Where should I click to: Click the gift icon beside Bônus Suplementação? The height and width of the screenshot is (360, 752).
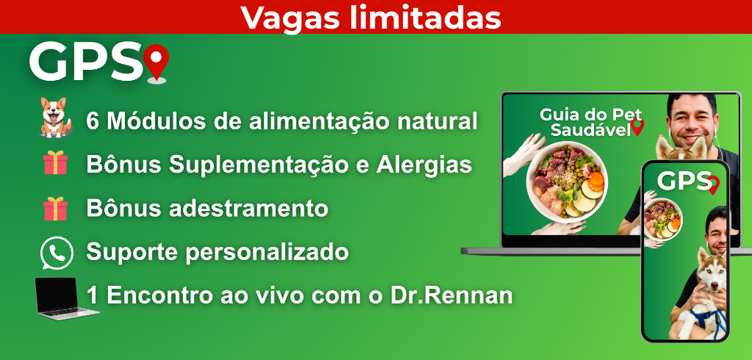(55, 162)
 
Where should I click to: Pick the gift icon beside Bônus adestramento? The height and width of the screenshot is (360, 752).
(55, 209)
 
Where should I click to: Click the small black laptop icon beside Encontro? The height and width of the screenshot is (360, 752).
(67, 298)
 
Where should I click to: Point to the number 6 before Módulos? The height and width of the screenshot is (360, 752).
(92, 121)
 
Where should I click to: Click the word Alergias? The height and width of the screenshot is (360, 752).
(424, 165)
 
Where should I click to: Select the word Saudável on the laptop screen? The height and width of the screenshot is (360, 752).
(590, 129)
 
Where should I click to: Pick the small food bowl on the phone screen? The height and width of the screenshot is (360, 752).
(662, 219)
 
